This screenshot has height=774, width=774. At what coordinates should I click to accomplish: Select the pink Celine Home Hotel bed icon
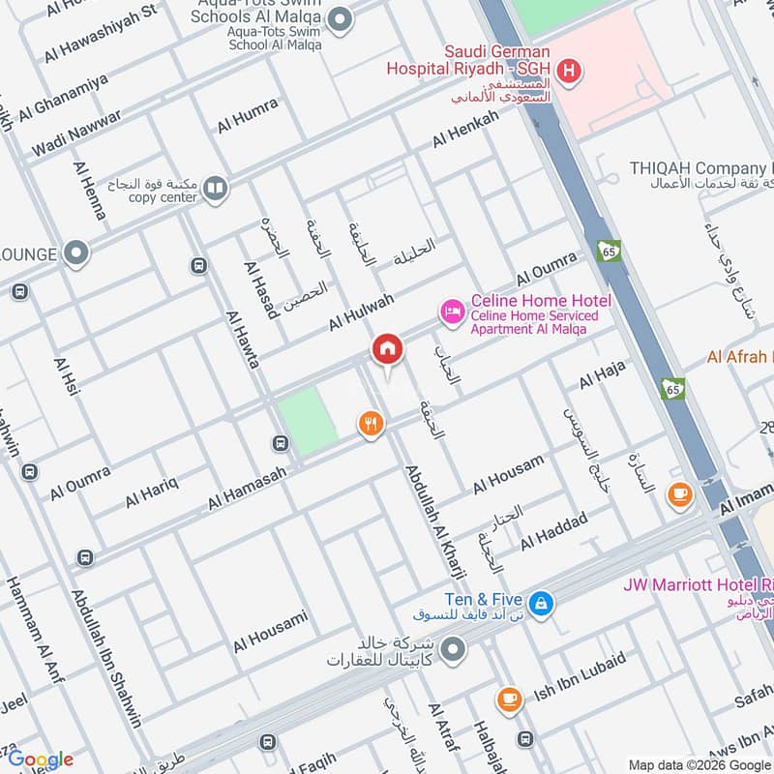coord(451,311)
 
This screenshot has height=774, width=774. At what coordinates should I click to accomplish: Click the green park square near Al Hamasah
coord(309,421)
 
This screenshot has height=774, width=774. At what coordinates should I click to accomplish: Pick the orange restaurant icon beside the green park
coord(371,423)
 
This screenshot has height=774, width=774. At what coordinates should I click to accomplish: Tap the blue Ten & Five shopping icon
coord(541,603)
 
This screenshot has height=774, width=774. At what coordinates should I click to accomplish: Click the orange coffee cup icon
coord(680,494)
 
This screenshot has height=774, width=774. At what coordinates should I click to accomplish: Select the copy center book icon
coord(216,189)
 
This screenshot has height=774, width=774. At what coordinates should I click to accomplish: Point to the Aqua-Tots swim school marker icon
coord(340,18)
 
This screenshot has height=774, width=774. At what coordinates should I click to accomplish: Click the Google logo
coord(41,759)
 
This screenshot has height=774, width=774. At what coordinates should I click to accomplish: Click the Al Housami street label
coord(270,631)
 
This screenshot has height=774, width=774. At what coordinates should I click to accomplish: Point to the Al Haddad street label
coord(553,531)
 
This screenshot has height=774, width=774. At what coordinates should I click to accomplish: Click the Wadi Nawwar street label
coord(76,134)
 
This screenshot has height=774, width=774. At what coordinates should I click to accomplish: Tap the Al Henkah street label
coord(465,129)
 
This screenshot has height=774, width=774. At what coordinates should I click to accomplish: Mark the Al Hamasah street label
coord(247,485)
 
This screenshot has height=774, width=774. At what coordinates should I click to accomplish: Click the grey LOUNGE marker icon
coord(76,254)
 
